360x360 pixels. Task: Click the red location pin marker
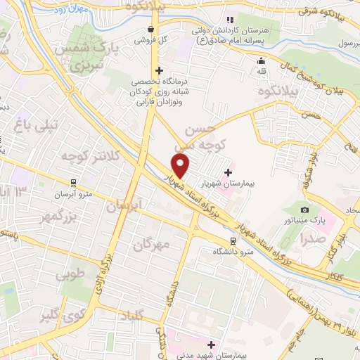[181, 166]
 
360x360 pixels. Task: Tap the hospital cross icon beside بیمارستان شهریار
[228, 172]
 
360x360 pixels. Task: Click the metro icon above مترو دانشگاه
[233, 240]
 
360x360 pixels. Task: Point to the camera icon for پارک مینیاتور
[304, 210]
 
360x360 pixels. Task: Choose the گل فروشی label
[150, 39]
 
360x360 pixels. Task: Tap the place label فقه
[262, 71]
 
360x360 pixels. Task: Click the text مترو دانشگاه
[233, 252]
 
